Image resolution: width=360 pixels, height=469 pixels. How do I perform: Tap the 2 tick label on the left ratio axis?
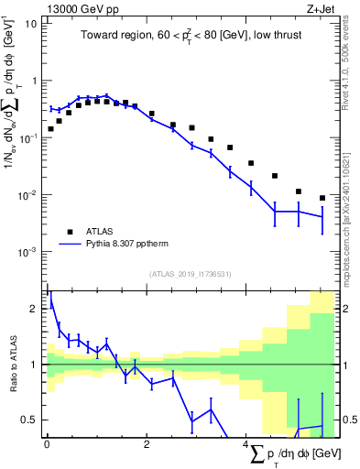click(x=35, y=310)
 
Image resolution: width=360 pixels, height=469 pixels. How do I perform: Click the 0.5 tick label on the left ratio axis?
click(x=30, y=420)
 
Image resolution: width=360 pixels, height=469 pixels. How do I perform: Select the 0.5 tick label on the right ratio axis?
click(x=349, y=420)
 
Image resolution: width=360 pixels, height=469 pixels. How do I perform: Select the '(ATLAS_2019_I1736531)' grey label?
click(x=190, y=274)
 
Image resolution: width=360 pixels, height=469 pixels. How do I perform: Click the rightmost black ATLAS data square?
click(x=322, y=198)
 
